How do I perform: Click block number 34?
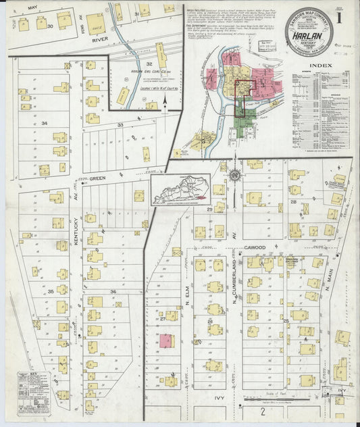pos(45,123)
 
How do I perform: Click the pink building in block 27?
pos(165,341)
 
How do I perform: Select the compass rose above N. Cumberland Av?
pos(234,176)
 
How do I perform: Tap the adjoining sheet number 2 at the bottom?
pos(263,411)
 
